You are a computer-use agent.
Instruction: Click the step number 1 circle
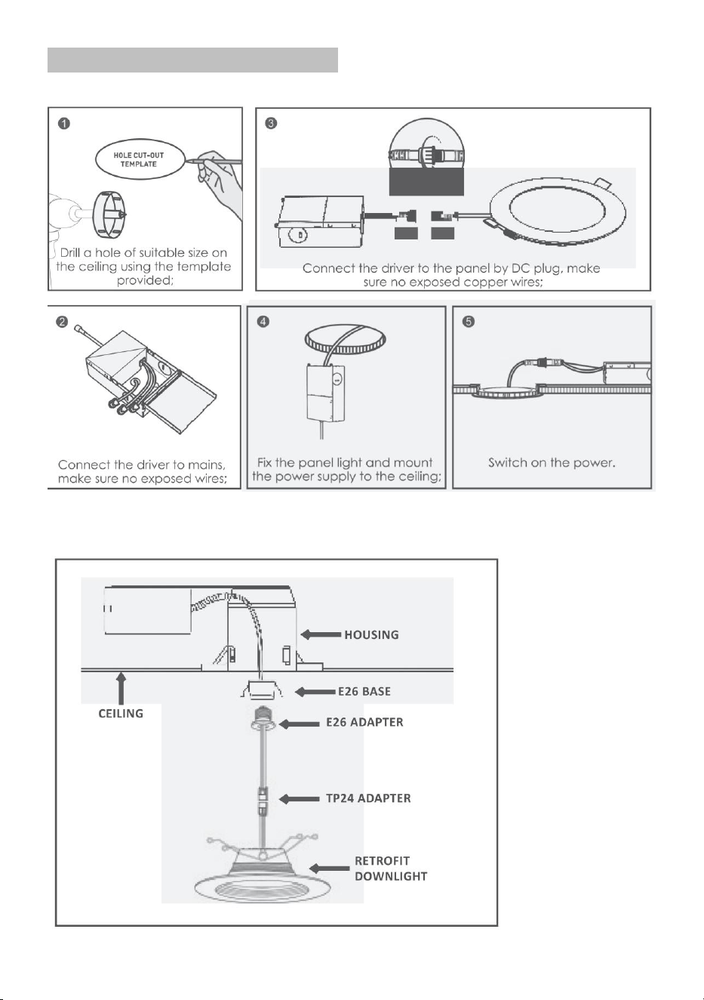tap(64, 123)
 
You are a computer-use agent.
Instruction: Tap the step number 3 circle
tap(271, 123)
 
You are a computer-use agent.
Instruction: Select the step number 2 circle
tap(63, 322)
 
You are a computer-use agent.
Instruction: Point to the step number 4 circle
tap(263, 322)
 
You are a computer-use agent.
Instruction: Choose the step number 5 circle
tap(469, 322)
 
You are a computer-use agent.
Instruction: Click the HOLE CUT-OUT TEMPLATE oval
tap(139, 159)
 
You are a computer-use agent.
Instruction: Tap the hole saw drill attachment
tap(109, 215)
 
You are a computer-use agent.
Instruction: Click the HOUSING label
tap(372, 634)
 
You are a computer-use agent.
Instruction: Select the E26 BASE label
tap(364, 691)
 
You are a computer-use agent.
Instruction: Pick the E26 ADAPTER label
tap(364, 722)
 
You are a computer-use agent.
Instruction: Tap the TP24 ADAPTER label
tap(368, 798)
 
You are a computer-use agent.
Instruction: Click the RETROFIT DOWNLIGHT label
tap(391, 869)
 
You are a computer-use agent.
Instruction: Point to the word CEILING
tap(121, 714)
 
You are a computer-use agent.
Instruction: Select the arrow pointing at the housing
tap(321, 634)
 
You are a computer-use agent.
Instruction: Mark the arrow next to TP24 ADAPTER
tap(299, 798)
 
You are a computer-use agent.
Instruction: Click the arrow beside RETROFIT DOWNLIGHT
tap(329, 868)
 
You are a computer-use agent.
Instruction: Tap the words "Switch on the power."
tap(552, 462)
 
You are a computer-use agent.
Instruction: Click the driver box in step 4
tap(326, 393)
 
